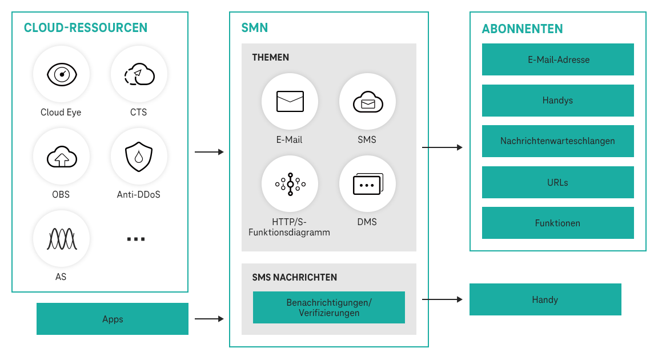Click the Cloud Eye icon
click(x=61, y=74)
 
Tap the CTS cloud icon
click(x=139, y=74)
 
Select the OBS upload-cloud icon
click(x=61, y=157)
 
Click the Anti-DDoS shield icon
click(x=139, y=157)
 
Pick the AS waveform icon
click(x=61, y=239)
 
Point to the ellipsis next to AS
click(x=136, y=239)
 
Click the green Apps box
click(x=113, y=319)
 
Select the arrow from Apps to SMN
click(x=209, y=319)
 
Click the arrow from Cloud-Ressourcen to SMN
click(x=209, y=152)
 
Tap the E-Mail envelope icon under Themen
click(x=290, y=102)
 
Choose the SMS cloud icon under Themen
click(x=367, y=102)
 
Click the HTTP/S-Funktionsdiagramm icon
click(x=290, y=184)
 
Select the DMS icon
click(x=367, y=184)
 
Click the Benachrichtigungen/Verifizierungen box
click(x=329, y=307)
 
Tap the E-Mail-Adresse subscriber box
click(x=558, y=59)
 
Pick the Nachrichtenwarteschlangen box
click(x=558, y=141)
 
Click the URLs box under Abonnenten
click(x=558, y=182)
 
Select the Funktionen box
click(x=558, y=223)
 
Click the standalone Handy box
click(x=545, y=299)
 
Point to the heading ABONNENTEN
click(x=522, y=29)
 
